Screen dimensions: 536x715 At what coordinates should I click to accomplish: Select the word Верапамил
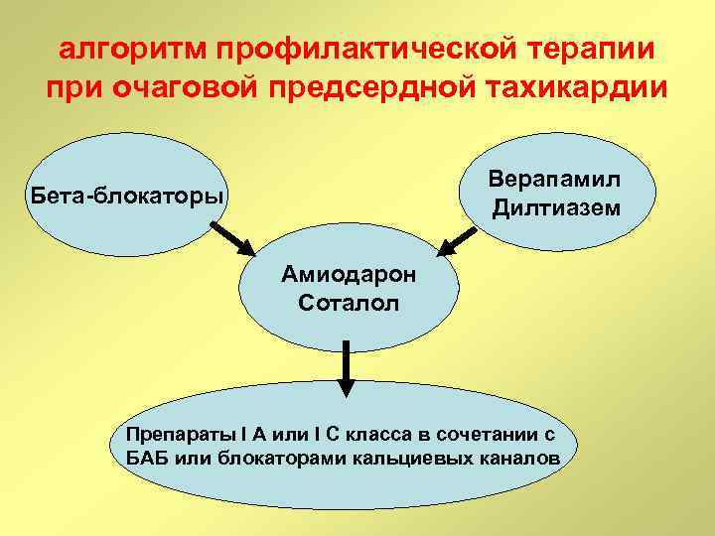point(555,180)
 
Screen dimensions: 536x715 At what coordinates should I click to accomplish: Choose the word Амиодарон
point(350,273)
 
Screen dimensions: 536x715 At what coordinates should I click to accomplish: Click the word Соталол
point(350,302)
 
